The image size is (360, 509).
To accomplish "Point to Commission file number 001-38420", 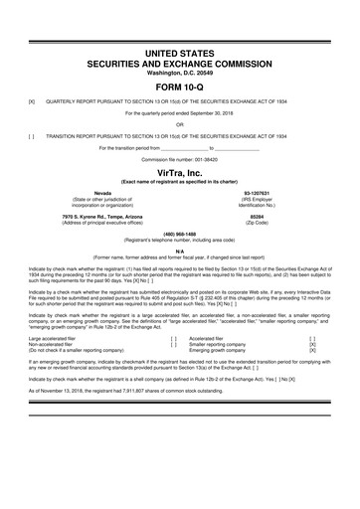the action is click(x=179, y=159).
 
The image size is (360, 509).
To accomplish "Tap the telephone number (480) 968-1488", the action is click(x=179, y=235).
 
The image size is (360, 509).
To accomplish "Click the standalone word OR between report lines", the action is click(x=179, y=124).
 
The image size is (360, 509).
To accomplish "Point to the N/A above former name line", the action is click(x=179, y=251).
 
